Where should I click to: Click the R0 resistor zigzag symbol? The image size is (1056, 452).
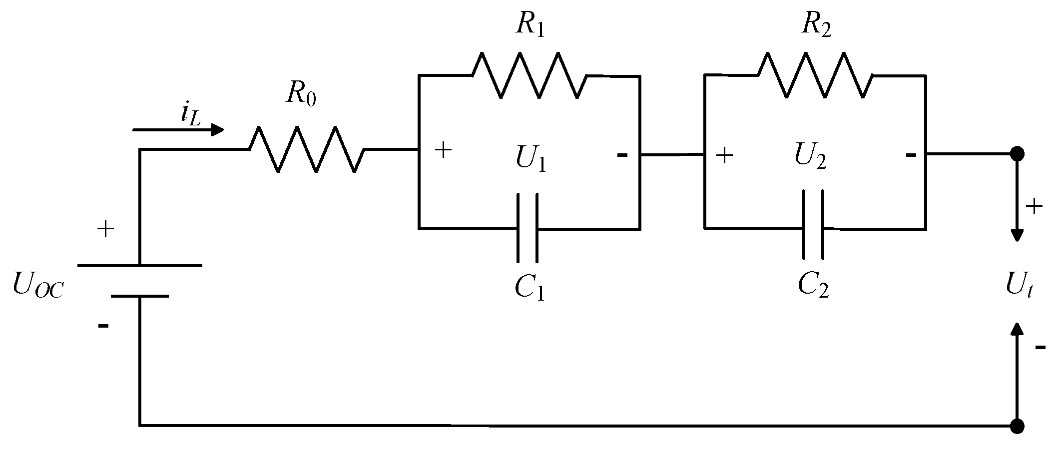(306, 149)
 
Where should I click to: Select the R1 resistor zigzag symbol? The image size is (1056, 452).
(529, 76)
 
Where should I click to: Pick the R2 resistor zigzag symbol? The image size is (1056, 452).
(815, 75)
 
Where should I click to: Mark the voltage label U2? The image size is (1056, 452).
(810, 157)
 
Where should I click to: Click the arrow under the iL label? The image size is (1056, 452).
(178, 130)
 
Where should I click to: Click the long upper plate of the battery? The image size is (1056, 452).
(140, 266)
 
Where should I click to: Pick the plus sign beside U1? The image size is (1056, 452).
(443, 150)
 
